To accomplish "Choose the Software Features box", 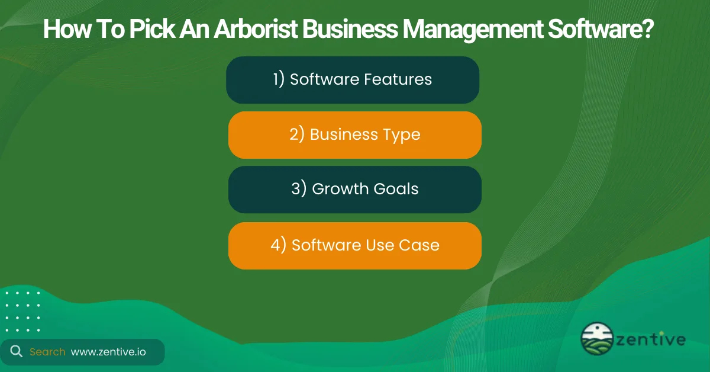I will click(353, 80).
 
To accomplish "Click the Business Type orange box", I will click(355, 135).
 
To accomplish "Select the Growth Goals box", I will click(355, 190).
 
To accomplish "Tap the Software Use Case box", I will click(355, 245).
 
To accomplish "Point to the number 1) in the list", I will click(279, 79).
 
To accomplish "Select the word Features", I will click(398, 79).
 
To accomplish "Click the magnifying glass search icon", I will click(17, 352).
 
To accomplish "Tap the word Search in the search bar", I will click(47, 352).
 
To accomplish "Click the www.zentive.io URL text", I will click(108, 352).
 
